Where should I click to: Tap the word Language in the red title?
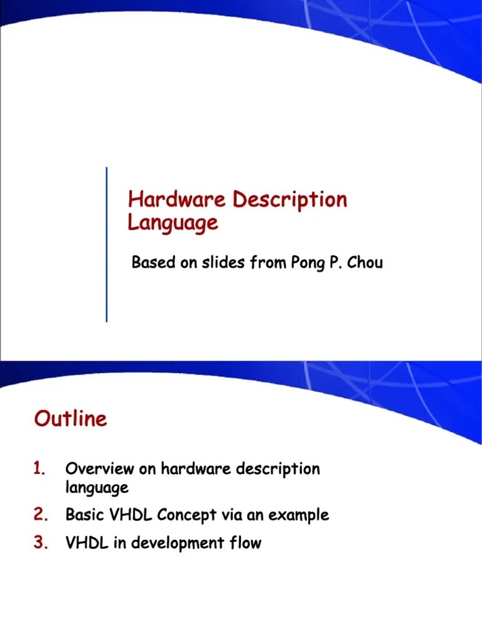[173, 223]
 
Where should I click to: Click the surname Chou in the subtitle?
[365, 262]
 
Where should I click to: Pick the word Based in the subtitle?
[153, 262]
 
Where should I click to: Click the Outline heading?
[71, 419]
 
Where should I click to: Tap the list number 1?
[40, 468]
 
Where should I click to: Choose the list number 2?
[41, 515]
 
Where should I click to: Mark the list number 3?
[41, 543]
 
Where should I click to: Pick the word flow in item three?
[245, 543]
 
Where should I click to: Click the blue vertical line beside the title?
[106, 245]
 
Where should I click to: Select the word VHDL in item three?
[87, 543]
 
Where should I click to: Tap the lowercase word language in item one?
[97, 487]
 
